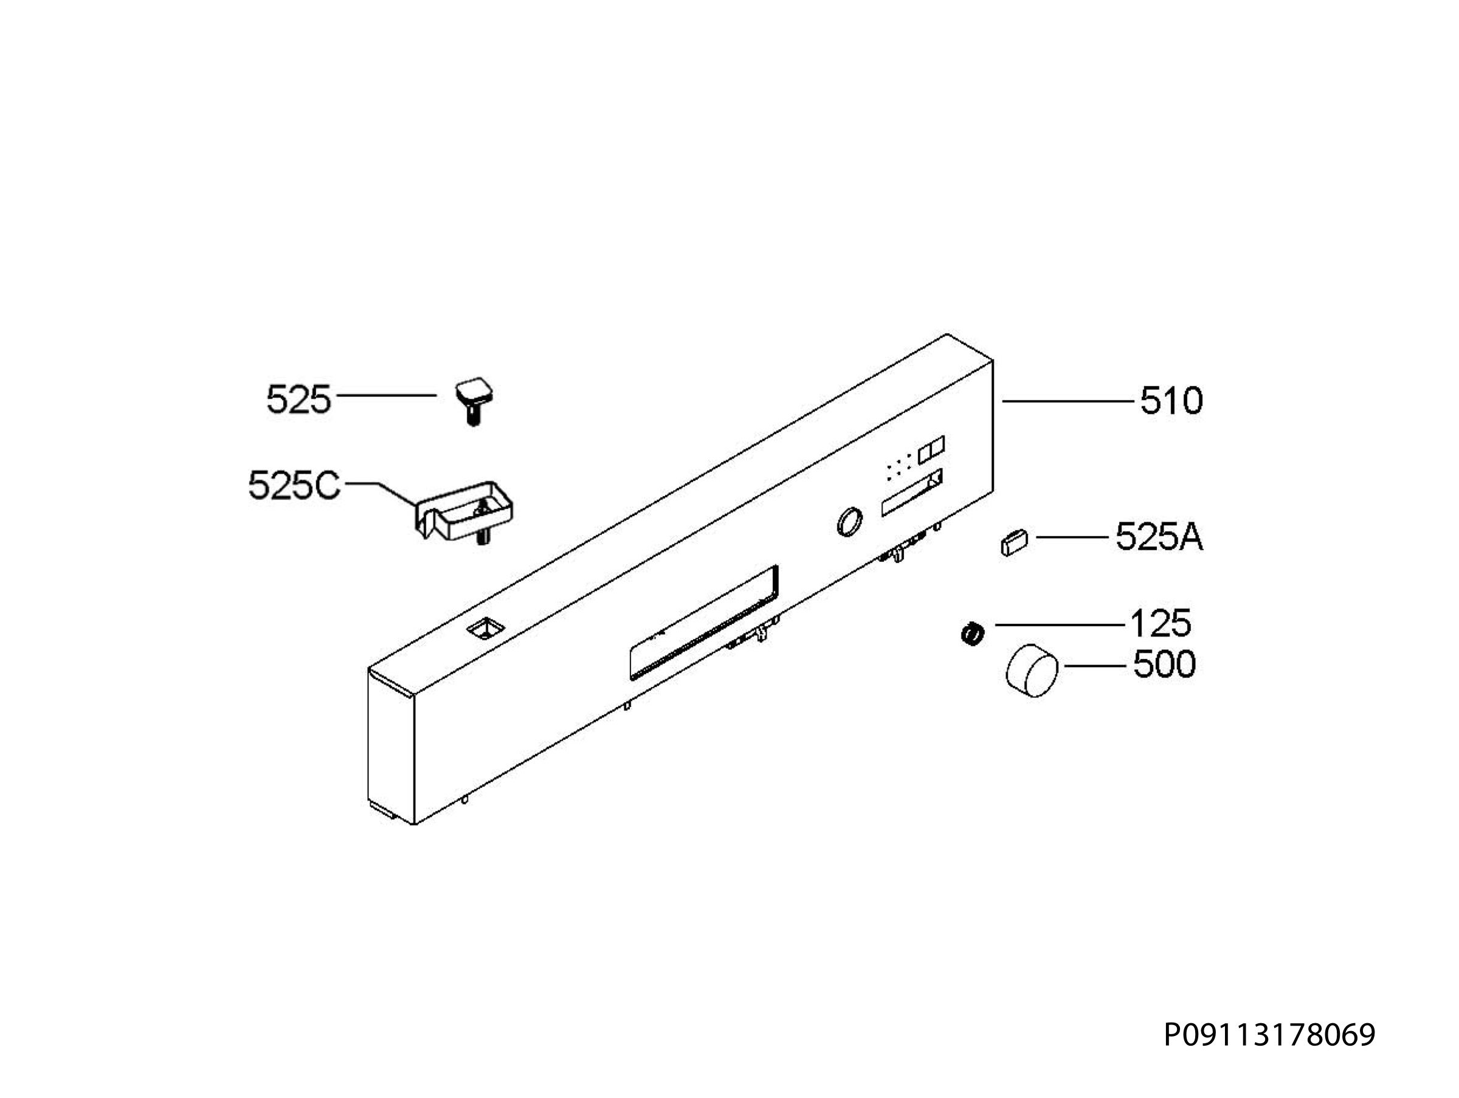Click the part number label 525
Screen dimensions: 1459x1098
tap(298, 399)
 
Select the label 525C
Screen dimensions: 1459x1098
tap(294, 485)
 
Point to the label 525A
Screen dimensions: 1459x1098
tap(1159, 538)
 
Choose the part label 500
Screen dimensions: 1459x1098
tap(1164, 664)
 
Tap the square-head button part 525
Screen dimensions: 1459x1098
tap(474, 402)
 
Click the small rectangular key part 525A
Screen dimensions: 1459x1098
tap(1014, 544)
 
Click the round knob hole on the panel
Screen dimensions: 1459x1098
tap(848, 522)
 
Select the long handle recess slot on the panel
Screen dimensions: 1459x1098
tap(704, 622)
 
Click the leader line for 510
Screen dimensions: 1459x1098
tap(1068, 400)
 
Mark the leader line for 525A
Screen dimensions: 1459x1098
tap(1072, 537)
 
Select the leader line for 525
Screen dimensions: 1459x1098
tap(387, 395)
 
